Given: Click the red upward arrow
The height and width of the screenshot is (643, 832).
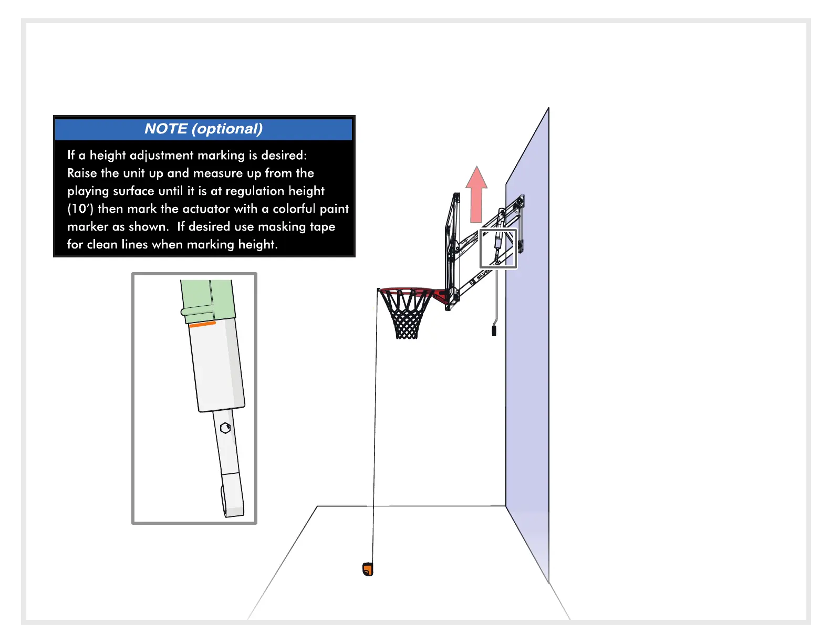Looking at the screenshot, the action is click(476, 197).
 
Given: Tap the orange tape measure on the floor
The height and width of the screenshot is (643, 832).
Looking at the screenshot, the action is click(368, 569).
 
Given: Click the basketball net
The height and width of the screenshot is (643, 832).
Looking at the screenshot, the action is click(406, 315).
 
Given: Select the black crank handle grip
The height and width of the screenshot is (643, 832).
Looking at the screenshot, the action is click(494, 330).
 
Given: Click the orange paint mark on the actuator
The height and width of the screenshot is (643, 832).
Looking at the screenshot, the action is click(202, 325).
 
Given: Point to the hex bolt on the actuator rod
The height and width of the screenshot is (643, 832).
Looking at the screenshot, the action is click(225, 428).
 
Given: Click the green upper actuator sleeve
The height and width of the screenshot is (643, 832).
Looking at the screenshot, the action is click(207, 300).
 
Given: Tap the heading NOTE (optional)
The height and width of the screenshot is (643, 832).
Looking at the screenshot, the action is click(203, 129).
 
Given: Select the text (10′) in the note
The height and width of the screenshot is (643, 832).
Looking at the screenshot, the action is click(80, 209).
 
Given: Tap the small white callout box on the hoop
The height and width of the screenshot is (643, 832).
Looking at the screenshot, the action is click(498, 248).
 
